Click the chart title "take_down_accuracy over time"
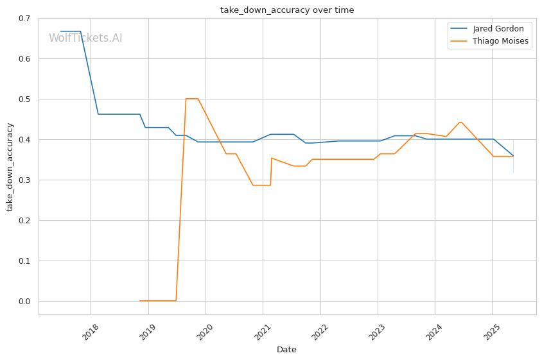click(x=287, y=10)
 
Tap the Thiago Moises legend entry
click(x=489, y=41)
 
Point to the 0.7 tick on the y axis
click(x=24, y=19)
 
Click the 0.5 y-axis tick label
click(x=24, y=99)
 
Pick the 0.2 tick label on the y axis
click(x=24, y=220)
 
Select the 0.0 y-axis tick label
click(x=24, y=301)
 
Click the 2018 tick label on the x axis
click(x=91, y=331)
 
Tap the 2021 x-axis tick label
click(x=263, y=331)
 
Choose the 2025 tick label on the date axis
click(x=492, y=331)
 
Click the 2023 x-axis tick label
click(x=378, y=331)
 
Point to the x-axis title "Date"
click(x=286, y=350)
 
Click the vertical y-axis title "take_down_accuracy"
click(x=10, y=167)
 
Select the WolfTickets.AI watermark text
click(x=85, y=38)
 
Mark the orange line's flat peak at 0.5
click(x=192, y=99)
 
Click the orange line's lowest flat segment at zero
click(x=157, y=301)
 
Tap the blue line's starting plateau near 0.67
click(x=71, y=31)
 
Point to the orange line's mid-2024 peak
click(x=460, y=122)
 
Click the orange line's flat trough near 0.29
click(x=261, y=185)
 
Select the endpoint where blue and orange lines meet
click(x=513, y=156)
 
